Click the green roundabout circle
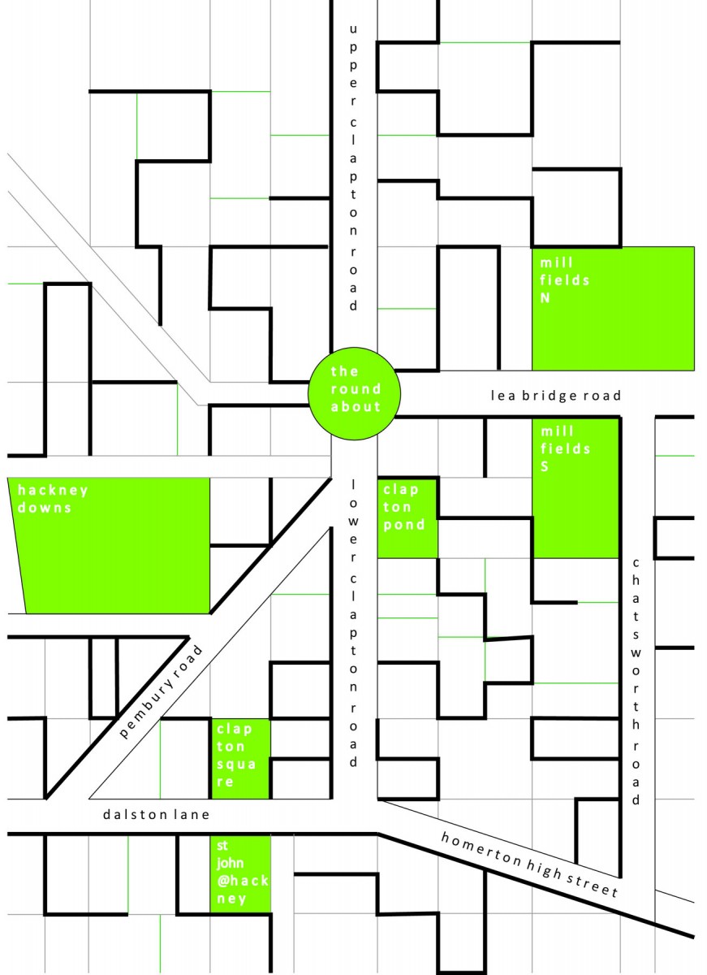coord(354,393)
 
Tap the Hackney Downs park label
coord(53,499)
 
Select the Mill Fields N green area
coord(613,309)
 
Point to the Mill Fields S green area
coord(576,488)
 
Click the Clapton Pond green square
coord(407,518)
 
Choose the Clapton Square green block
coord(240,759)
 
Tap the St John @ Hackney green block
coord(240,874)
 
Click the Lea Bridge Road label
coord(556,395)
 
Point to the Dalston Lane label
coord(156,814)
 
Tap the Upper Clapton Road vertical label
coord(353,168)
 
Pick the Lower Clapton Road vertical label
coord(353,623)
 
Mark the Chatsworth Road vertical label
coord(636,681)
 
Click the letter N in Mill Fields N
coord(545,297)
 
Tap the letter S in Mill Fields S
coord(545,466)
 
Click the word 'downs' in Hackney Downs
coord(44,508)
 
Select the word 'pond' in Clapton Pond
coord(404,525)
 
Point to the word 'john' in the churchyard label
coord(230,863)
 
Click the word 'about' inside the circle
coord(356,406)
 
